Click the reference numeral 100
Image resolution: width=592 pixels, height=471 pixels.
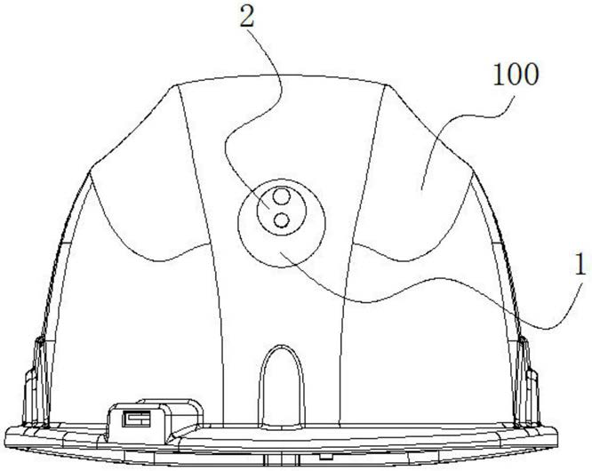516,75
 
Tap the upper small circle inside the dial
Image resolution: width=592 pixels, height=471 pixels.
281,196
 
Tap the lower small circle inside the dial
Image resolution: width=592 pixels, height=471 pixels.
281,220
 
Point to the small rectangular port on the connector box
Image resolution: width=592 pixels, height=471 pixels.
136,419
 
